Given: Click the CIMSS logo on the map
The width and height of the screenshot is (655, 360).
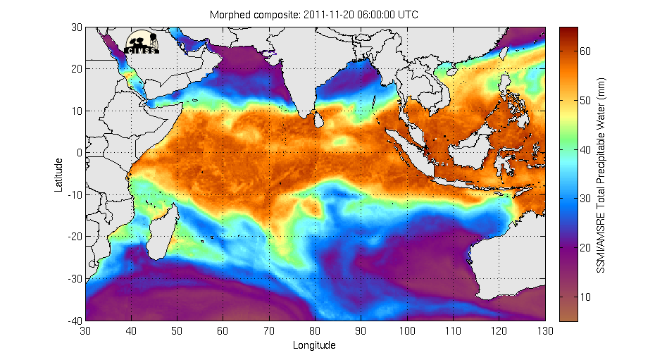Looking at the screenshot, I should point(142,42).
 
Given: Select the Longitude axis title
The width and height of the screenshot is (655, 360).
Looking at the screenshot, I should point(314,345).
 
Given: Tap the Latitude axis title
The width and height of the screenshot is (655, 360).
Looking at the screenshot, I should point(60,174).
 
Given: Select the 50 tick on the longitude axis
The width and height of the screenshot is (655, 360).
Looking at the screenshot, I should point(177,330).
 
